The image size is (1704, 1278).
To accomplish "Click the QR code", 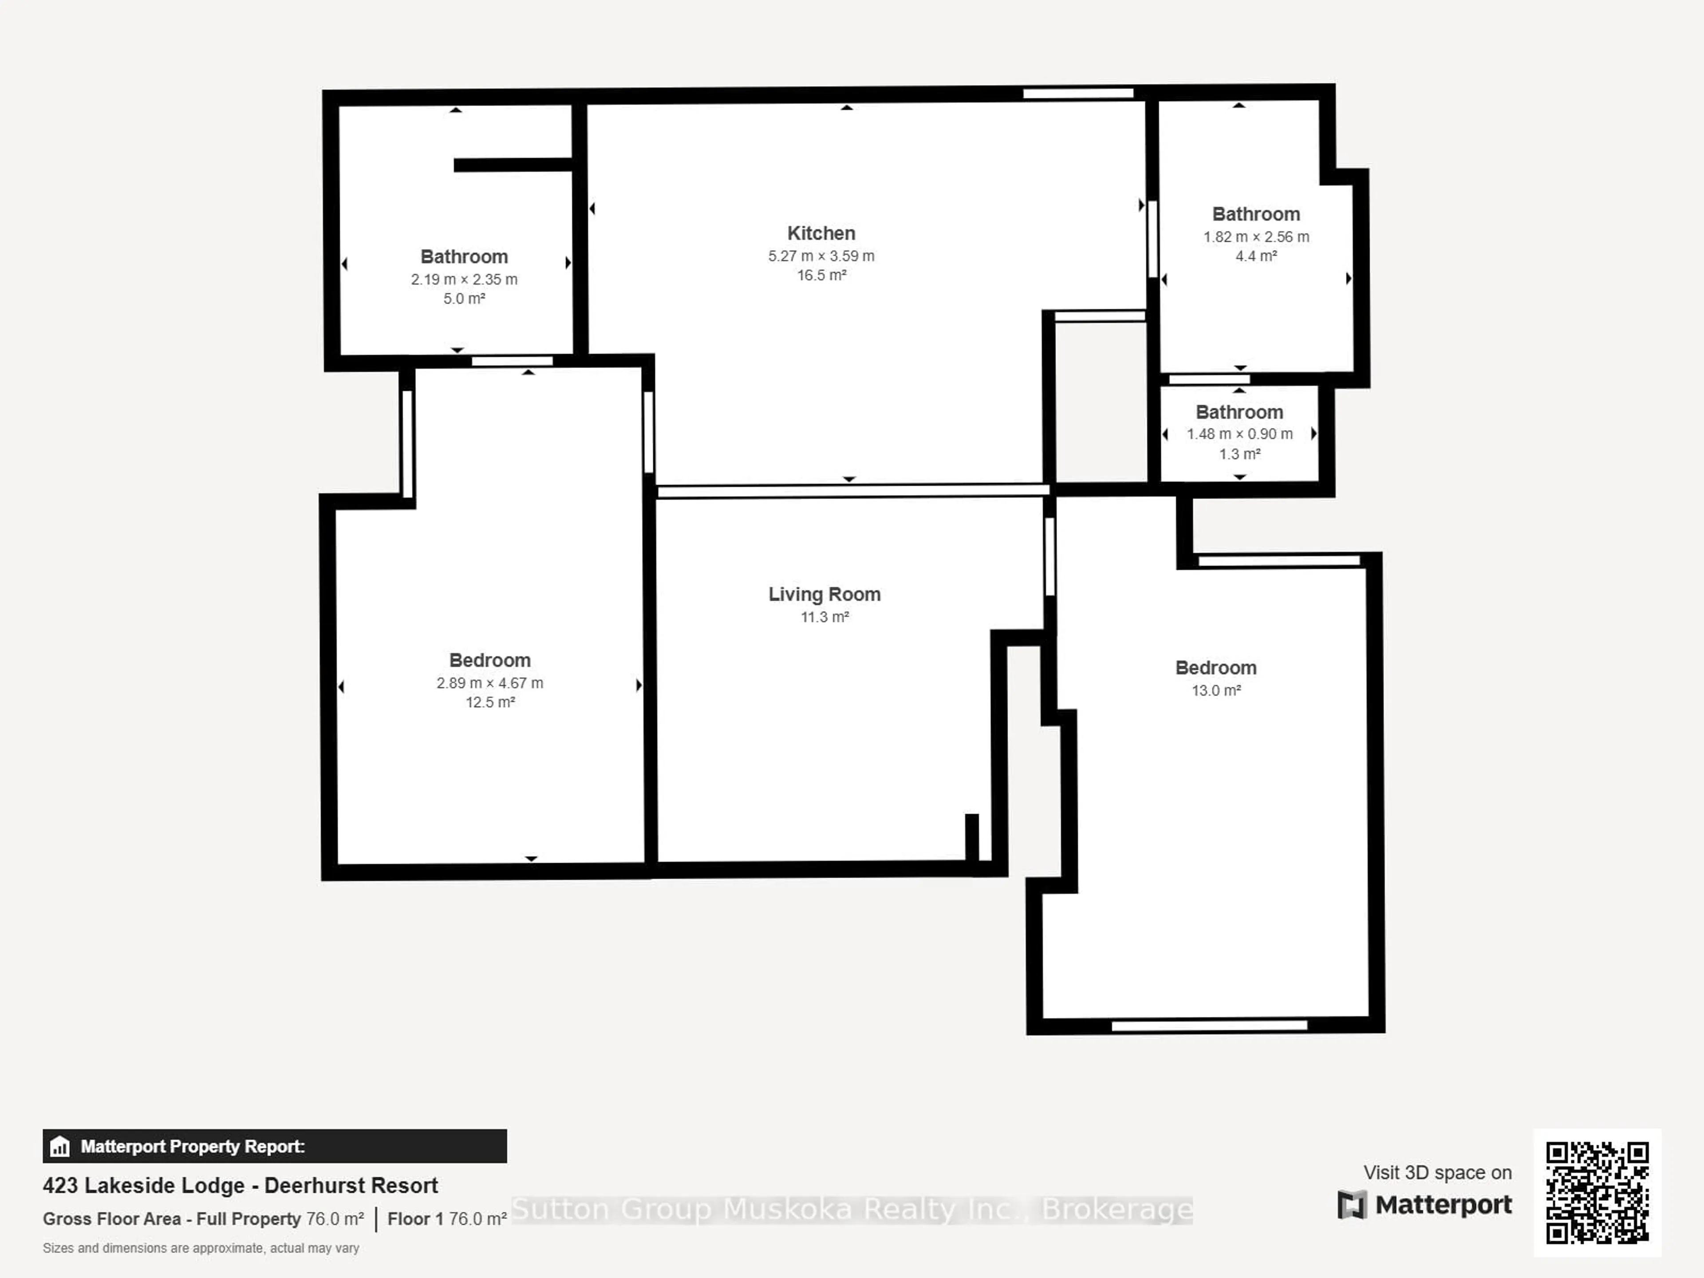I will click(x=1597, y=1192).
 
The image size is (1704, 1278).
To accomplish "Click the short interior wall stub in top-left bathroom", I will click(x=512, y=165).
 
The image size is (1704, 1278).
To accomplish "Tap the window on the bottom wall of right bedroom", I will click(x=1209, y=1026).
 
